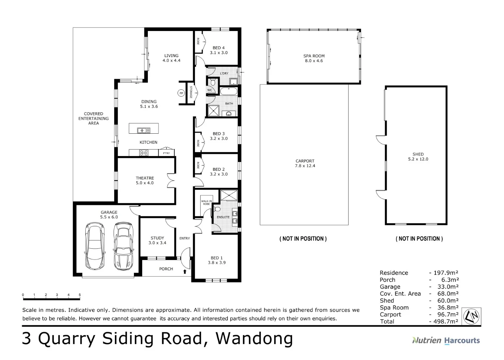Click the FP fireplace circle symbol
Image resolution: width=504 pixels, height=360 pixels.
click(x=181, y=93)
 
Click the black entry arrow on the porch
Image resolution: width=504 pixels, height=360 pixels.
click(x=185, y=272)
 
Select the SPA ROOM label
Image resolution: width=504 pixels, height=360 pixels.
click(x=314, y=56)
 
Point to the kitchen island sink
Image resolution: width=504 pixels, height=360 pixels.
click(x=144, y=130)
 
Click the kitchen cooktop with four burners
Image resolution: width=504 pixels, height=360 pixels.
click(x=144, y=153)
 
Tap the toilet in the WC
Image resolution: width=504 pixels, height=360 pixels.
click(x=213, y=83)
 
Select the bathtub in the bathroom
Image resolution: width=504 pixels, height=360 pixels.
click(x=229, y=91)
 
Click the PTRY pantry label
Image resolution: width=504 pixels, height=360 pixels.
click(x=167, y=153)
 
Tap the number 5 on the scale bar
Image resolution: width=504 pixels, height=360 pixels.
click(x=80, y=294)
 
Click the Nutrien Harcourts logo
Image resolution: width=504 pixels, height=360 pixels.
click(x=446, y=340)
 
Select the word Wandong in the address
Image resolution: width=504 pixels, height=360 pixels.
click(x=254, y=338)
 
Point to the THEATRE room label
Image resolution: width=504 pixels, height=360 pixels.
click(x=145, y=178)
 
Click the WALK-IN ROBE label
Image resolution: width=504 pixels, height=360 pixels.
click(x=207, y=202)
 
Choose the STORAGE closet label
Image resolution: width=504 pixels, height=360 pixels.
click(x=191, y=92)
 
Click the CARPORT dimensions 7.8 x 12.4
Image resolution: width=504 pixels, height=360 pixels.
click(x=305, y=166)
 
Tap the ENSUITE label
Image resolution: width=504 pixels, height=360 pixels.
click(x=223, y=217)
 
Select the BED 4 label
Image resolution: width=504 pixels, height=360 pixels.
click(x=219, y=48)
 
